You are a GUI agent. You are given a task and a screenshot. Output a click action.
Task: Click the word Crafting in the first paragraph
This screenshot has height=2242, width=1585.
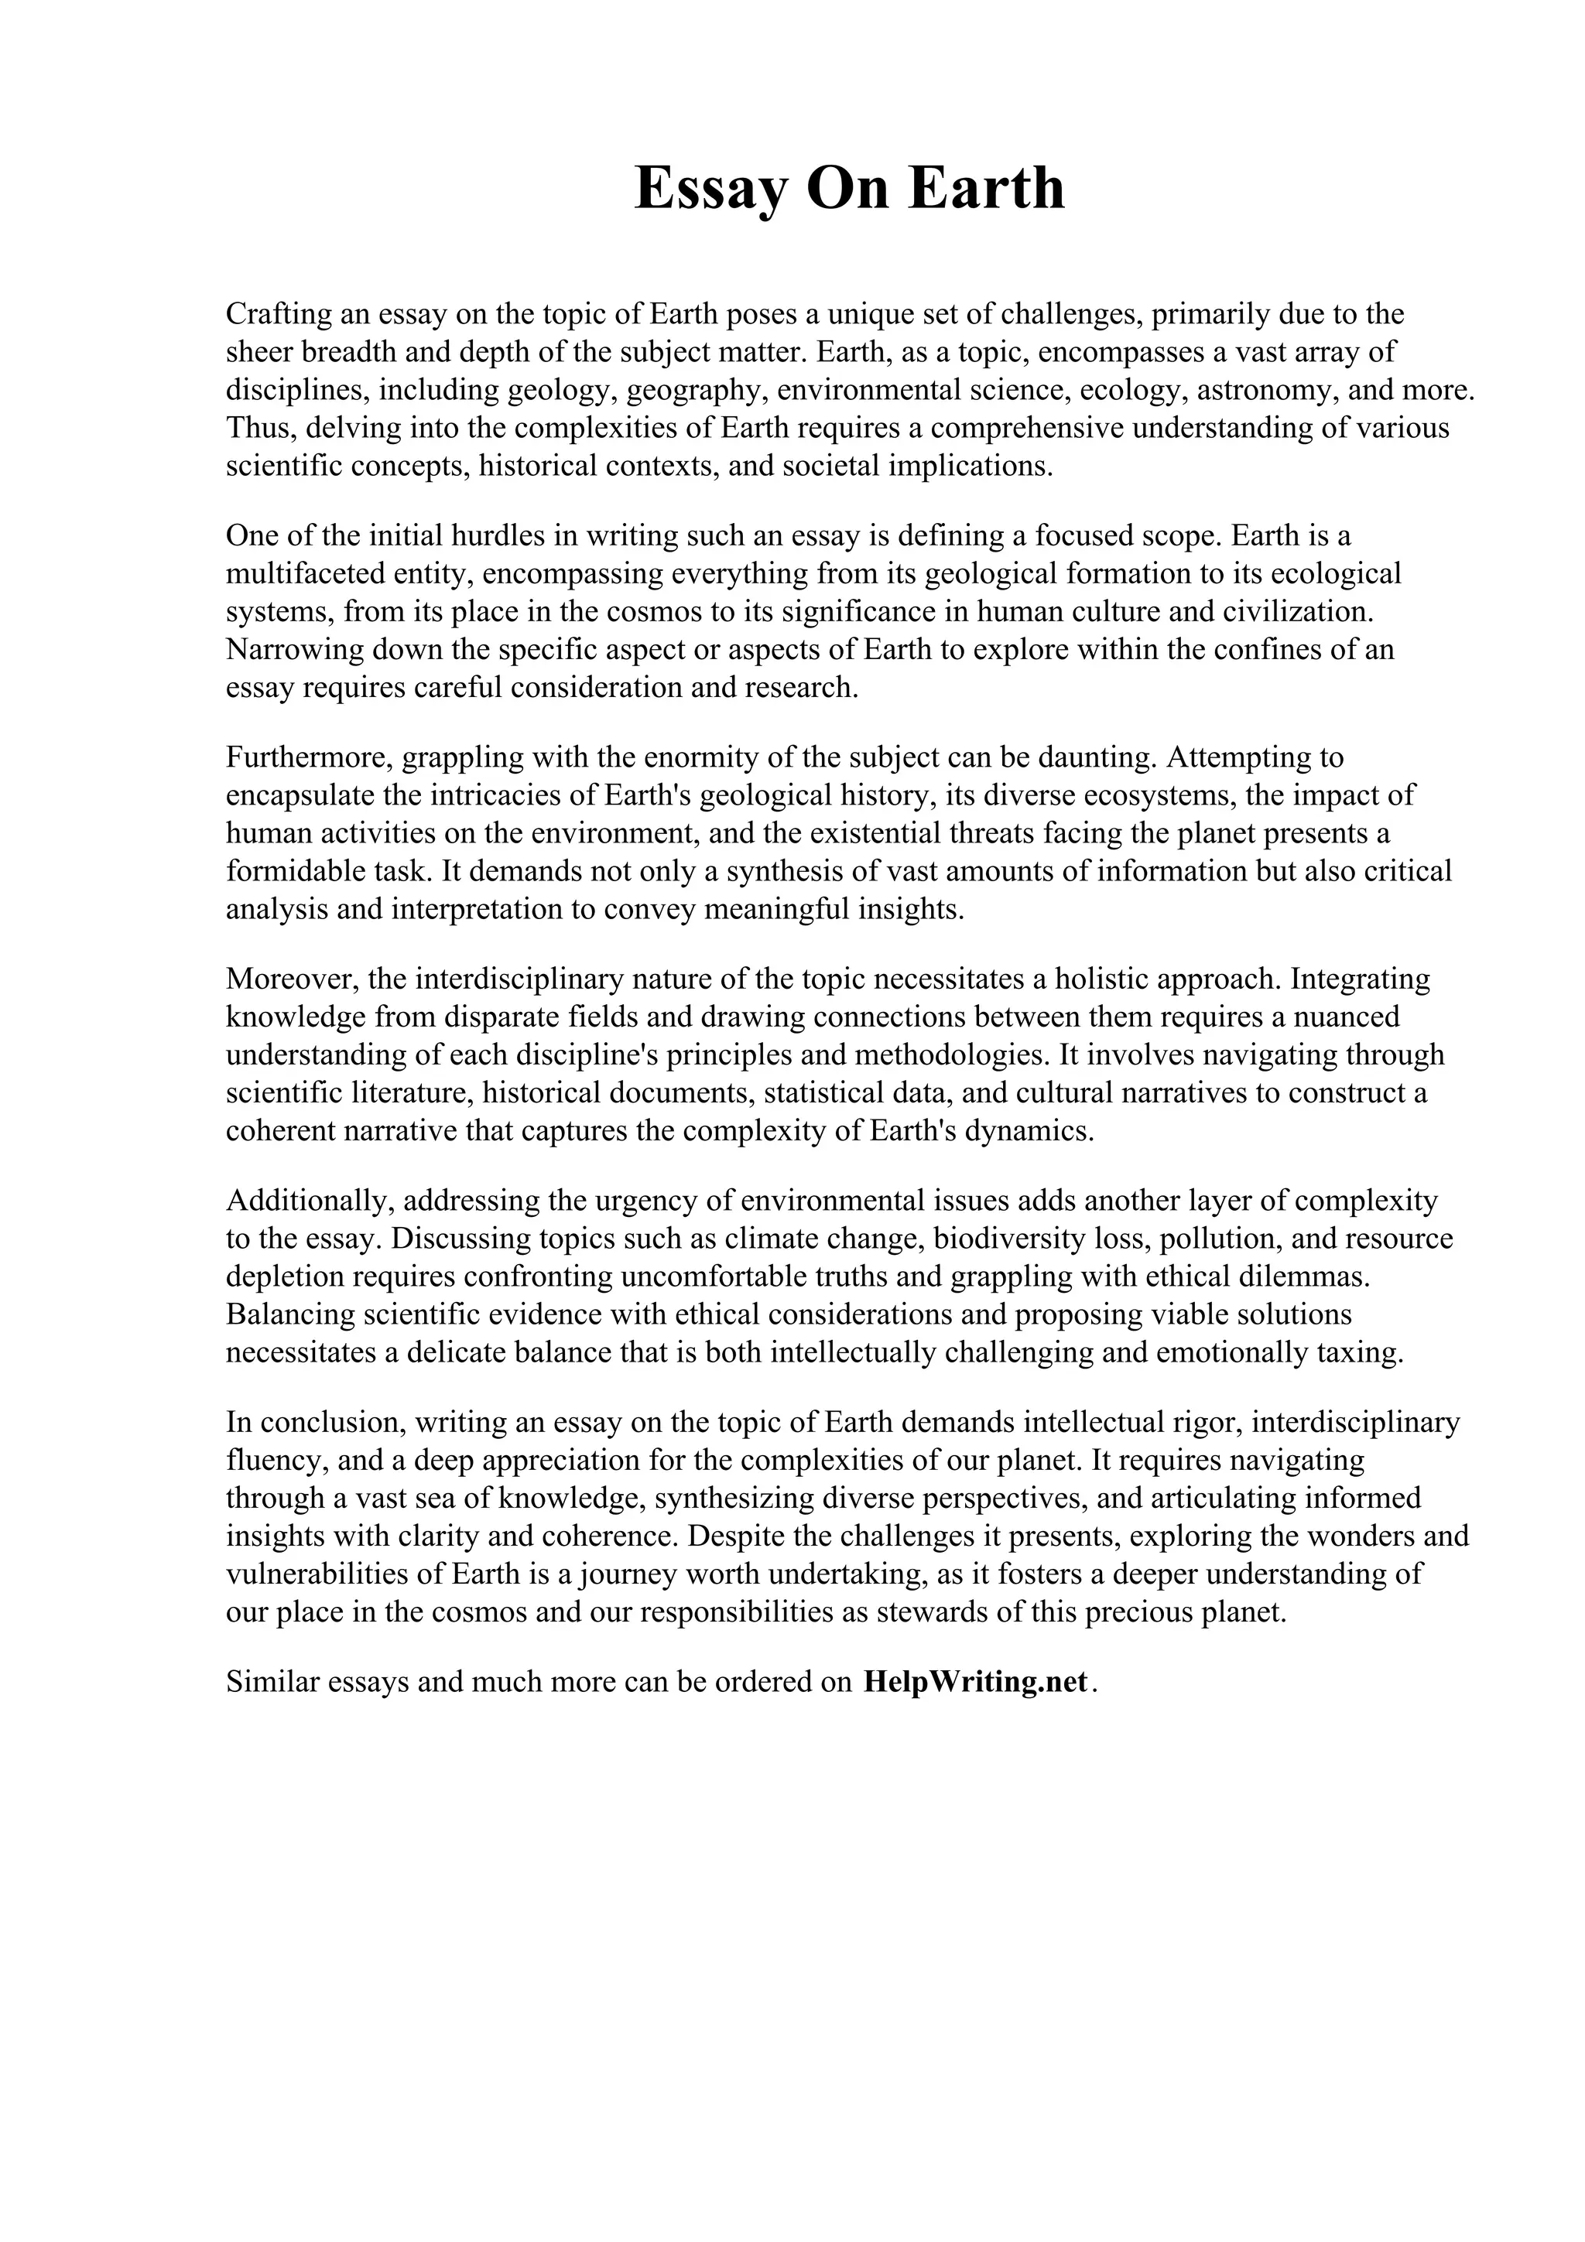(x=279, y=314)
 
